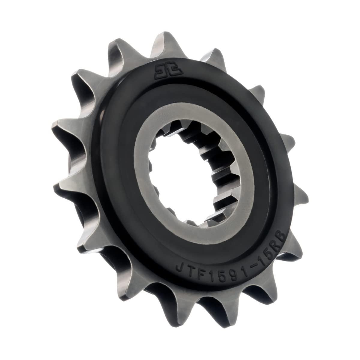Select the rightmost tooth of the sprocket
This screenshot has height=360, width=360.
(x=300, y=198)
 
